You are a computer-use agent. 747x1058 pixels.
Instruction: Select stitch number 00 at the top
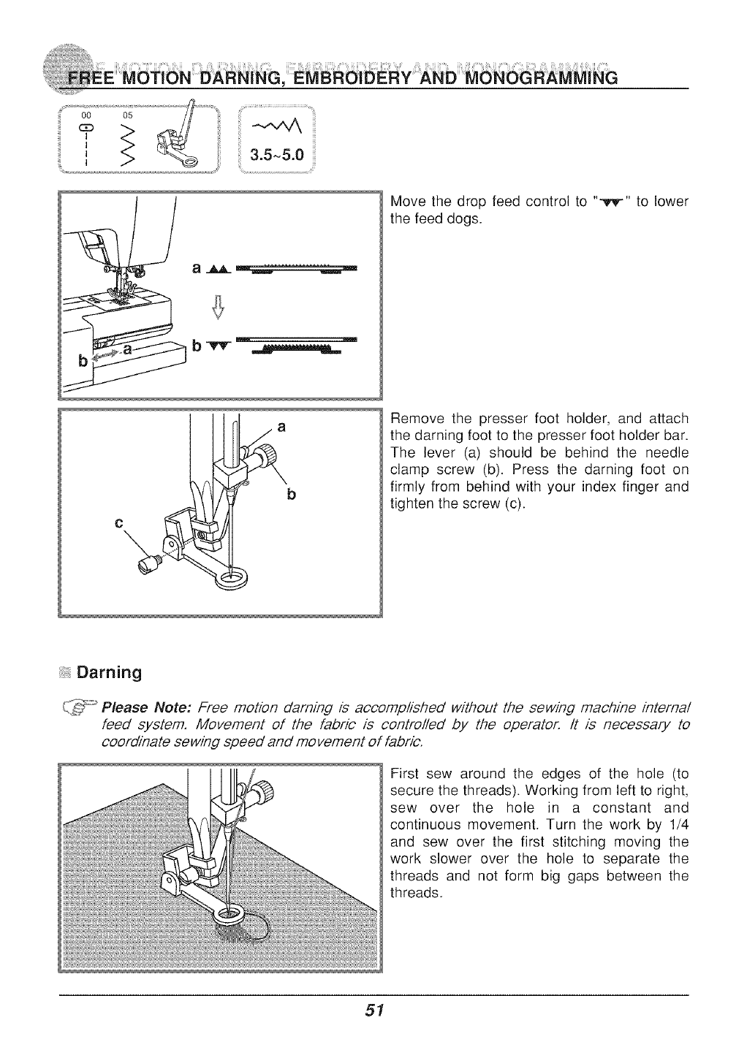pos(86,115)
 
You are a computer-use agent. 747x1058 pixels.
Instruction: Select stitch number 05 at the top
pos(128,115)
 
